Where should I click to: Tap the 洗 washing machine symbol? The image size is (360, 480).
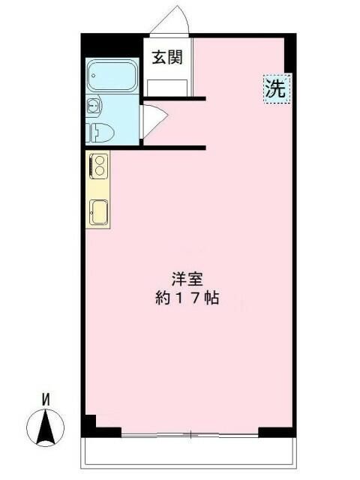point(275,90)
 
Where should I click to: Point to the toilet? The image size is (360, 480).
point(100,133)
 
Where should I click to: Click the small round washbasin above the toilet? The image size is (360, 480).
point(94,105)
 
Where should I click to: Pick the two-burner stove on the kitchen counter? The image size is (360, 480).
point(98,165)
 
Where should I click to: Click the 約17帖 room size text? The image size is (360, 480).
point(187,298)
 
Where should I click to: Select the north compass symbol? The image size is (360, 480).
point(46,428)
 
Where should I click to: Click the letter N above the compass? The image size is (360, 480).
point(45,400)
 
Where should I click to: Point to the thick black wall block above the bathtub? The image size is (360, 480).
point(112,45)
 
